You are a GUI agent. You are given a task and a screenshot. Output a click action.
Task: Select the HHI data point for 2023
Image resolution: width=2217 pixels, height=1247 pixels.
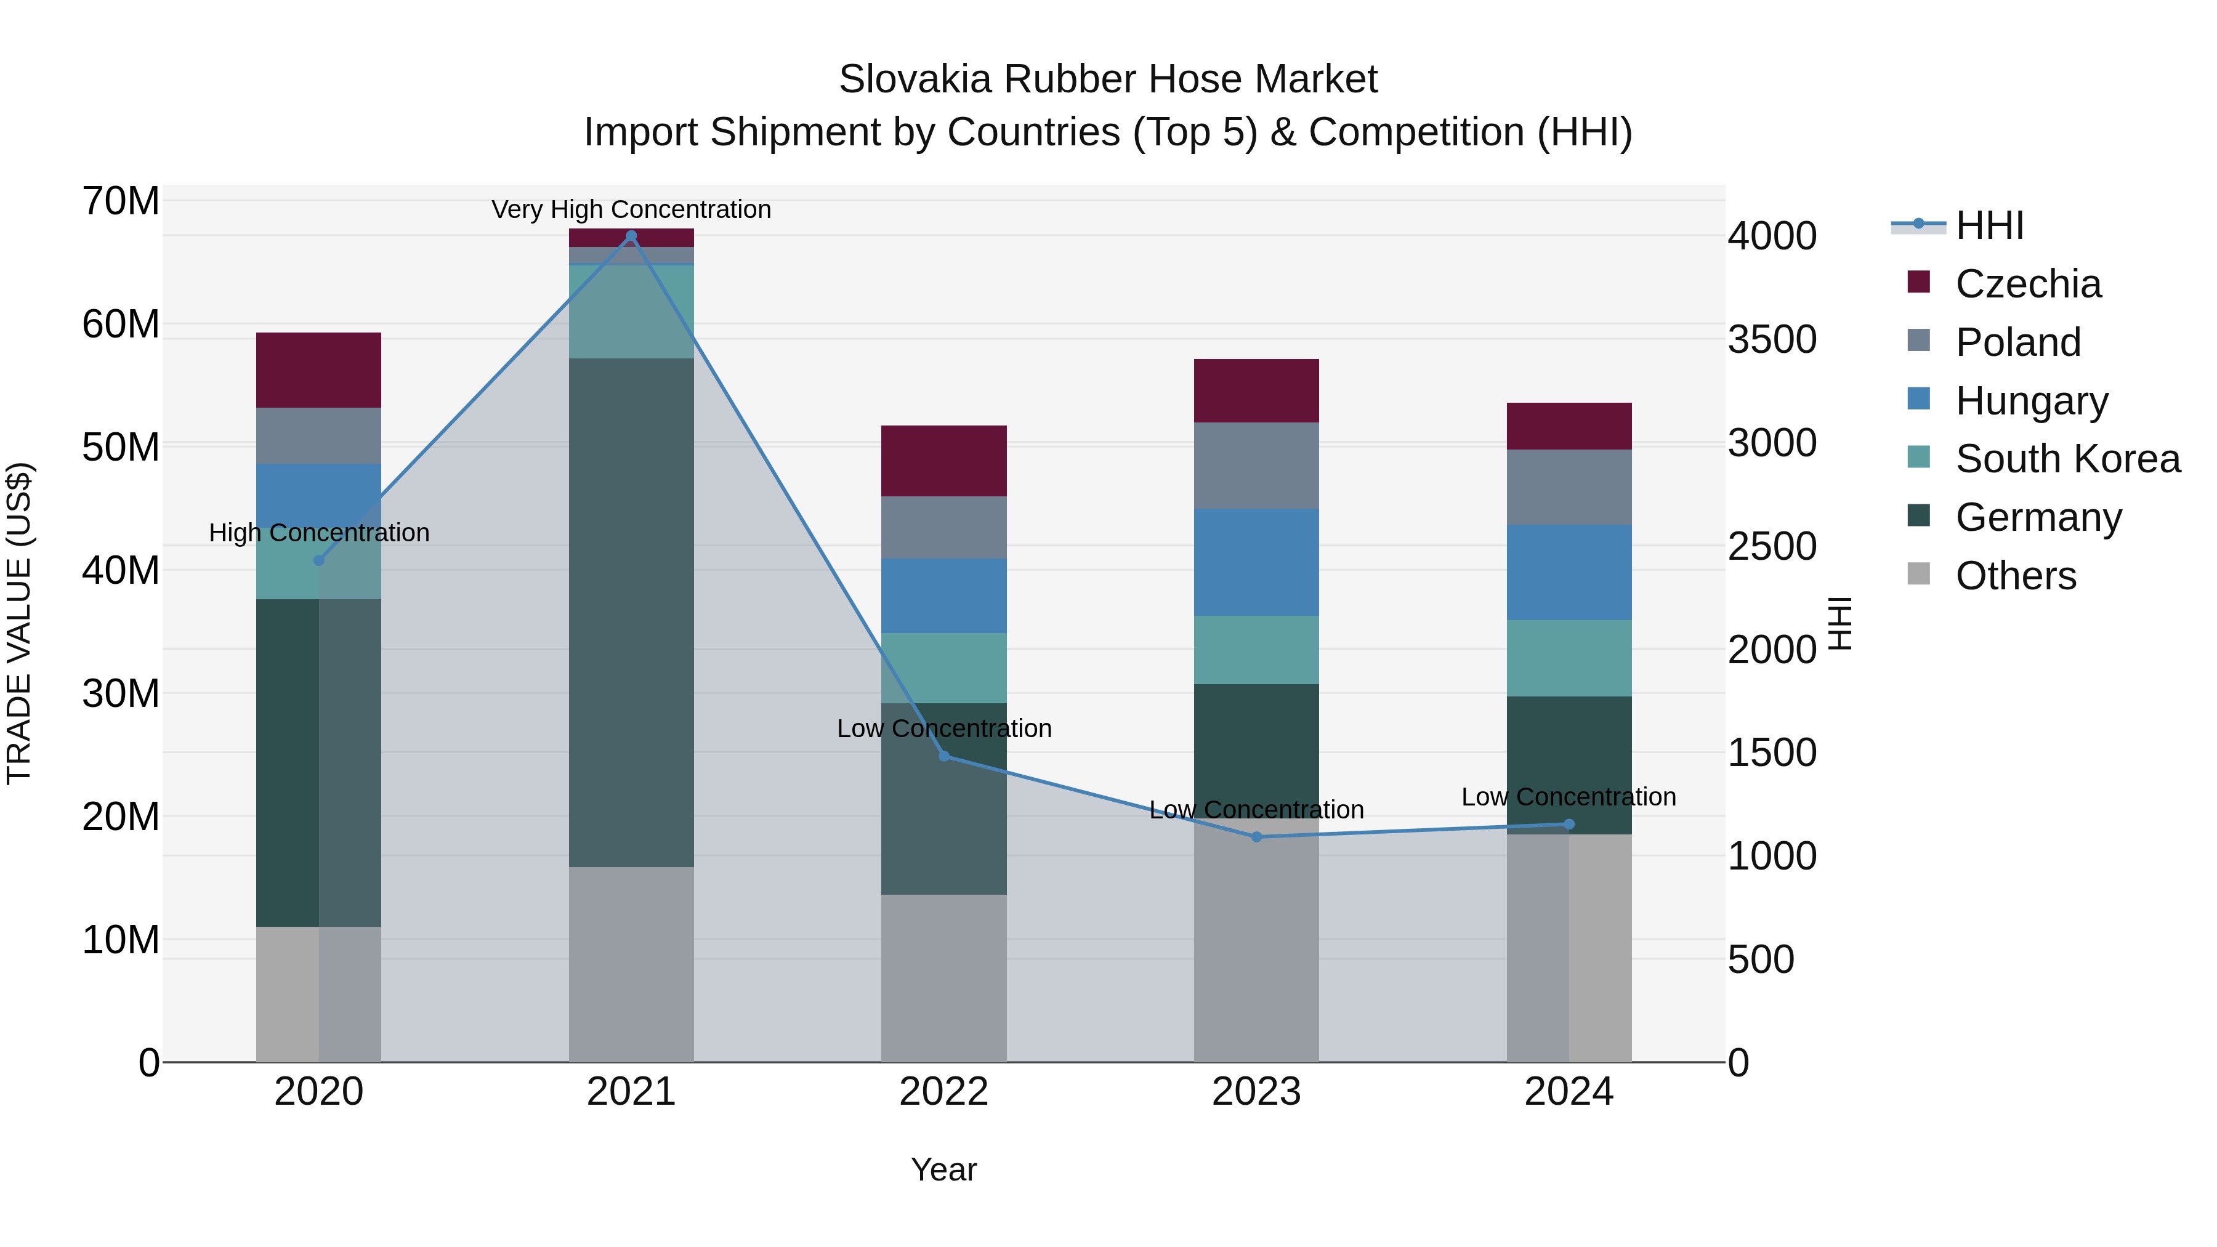point(1256,836)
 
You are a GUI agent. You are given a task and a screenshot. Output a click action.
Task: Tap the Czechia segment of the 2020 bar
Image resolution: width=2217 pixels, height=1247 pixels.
point(318,370)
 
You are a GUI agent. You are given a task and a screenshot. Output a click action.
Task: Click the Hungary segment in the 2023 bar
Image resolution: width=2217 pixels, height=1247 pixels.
point(1256,562)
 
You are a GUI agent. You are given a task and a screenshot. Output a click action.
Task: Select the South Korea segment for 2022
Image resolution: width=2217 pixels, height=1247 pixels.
point(943,668)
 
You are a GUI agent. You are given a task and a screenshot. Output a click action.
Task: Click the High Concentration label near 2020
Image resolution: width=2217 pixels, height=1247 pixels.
point(318,533)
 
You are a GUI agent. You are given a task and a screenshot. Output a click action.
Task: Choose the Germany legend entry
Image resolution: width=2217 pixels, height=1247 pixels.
point(2038,517)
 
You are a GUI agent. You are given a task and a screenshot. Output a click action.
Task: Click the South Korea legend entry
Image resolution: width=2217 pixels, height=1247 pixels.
point(2067,459)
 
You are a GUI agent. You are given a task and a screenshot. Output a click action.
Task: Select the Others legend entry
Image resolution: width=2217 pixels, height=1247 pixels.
point(2016,576)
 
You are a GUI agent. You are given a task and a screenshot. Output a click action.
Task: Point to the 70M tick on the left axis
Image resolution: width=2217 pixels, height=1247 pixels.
point(121,201)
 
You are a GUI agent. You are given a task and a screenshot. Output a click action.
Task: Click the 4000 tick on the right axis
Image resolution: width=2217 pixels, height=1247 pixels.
point(1772,236)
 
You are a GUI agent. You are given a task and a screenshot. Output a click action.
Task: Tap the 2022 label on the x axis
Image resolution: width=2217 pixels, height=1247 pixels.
point(943,1092)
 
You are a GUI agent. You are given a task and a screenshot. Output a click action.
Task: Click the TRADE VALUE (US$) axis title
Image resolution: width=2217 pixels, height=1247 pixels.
point(20,623)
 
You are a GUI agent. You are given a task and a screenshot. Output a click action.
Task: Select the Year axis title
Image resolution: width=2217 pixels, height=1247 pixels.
point(943,1169)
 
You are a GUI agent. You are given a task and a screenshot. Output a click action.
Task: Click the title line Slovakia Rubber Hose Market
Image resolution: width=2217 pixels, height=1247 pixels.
point(1108,79)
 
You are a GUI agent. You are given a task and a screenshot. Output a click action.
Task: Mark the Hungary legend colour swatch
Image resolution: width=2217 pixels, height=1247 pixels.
point(1918,399)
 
